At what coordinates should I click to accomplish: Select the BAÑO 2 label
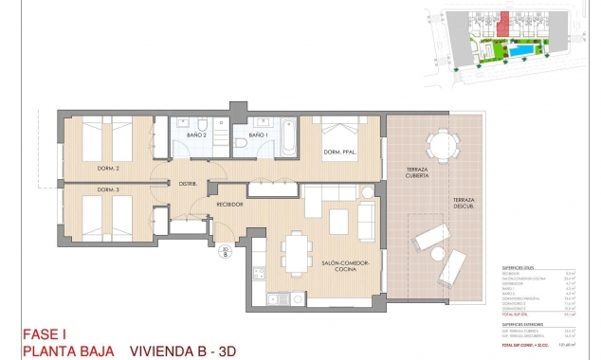[198, 135]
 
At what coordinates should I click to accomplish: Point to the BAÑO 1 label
[257, 135]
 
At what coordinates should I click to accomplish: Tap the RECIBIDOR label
[230, 204]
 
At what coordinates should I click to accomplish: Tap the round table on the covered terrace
[440, 143]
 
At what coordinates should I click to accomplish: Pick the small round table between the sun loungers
[438, 255]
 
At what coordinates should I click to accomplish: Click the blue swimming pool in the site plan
[521, 47]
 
